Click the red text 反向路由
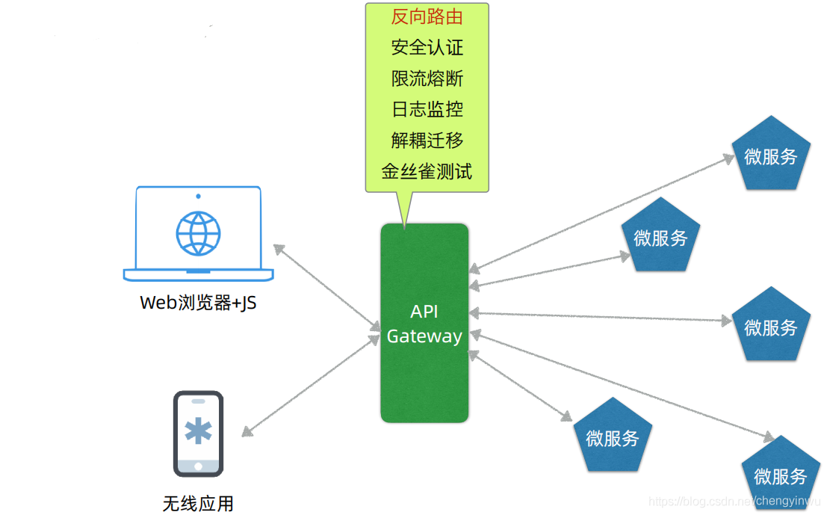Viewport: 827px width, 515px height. point(427,16)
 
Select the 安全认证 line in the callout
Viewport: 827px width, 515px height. point(427,48)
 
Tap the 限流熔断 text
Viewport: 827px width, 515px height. point(427,78)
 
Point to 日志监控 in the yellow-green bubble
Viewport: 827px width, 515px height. point(427,109)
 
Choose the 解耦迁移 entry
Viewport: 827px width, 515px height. point(427,140)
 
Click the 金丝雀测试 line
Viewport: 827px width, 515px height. point(427,171)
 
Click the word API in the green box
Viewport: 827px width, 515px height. point(424,312)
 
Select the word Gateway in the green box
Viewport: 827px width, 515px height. point(424,336)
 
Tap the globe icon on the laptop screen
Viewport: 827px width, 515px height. point(198,232)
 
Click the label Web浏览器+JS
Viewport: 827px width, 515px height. point(198,303)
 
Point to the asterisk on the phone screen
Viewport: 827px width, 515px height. point(198,431)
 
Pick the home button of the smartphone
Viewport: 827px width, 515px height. point(198,466)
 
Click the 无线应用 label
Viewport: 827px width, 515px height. point(198,503)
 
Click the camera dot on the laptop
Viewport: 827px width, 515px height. point(198,196)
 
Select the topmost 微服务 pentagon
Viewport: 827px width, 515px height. point(770,155)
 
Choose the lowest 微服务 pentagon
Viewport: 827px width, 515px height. point(780,475)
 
